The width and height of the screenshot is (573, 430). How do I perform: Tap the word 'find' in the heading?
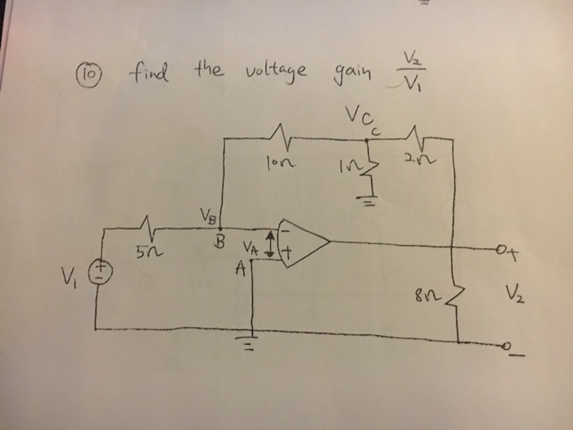[x=147, y=71]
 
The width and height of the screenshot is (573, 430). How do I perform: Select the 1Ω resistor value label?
[x=346, y=167]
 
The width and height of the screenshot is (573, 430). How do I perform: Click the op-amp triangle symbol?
[x=301, y=243]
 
